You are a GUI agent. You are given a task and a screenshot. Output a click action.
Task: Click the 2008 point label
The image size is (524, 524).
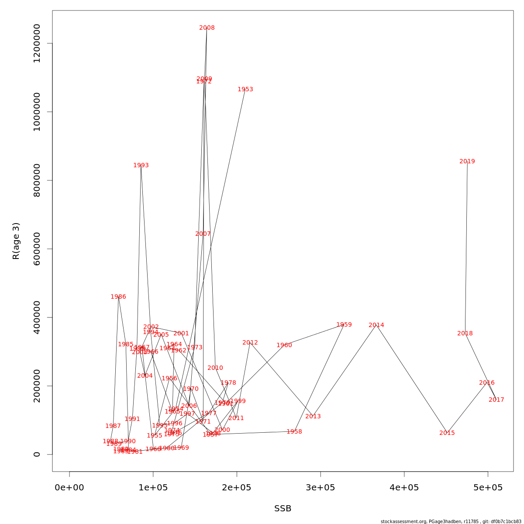(207, 28)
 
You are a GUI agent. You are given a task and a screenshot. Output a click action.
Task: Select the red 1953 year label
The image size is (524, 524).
(245, 90)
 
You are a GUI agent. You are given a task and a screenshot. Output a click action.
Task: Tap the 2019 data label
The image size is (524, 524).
(467, 162)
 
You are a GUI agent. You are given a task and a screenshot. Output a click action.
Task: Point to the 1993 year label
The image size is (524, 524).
(141, 165)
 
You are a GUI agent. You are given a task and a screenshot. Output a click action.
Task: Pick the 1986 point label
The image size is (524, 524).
(118, 297)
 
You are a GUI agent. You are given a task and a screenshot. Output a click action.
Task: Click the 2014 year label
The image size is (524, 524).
(376, 325)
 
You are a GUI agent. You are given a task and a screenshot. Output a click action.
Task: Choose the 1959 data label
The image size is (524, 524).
(344, 325)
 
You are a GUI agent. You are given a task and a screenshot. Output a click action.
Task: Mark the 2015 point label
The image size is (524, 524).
(447, 433)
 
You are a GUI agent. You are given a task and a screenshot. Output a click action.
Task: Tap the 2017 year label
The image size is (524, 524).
(496, 400)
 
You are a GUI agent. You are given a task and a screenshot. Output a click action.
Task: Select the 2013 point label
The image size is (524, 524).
(313, 417)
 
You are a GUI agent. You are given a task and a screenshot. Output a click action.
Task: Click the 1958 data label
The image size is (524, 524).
(294, 432)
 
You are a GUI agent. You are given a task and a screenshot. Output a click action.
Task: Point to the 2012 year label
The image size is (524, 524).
(250, 343)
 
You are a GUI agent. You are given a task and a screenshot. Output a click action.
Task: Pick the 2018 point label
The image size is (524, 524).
(465, 334)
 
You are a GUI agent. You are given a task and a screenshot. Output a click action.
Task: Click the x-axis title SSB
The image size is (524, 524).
(283, 509)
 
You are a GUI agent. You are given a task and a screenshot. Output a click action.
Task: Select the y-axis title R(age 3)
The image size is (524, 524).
(16, 241)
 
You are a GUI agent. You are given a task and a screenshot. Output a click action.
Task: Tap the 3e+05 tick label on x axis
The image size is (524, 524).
(321, 488)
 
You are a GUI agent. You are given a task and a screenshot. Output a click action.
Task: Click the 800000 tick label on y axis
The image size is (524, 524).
(37, 180)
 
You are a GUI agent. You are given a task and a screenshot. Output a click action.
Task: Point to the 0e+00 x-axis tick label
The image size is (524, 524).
(69, 488)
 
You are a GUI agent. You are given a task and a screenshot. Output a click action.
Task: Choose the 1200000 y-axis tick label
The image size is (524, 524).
(37, 44)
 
